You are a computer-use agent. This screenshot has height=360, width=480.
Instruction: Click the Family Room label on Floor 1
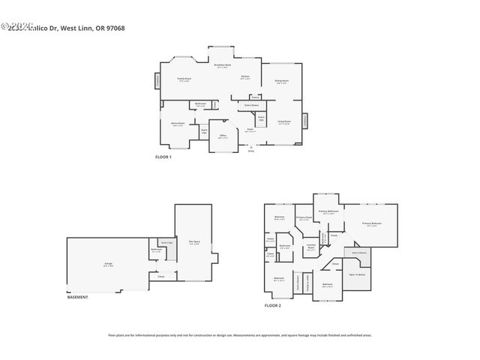(184, 79)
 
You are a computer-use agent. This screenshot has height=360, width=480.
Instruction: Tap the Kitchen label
(244, 77)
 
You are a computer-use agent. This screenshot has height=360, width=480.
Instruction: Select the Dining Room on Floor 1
(281, 82)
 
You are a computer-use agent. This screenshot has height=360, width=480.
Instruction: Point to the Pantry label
(255, 96)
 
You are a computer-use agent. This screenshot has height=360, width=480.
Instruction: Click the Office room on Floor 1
(223, 137)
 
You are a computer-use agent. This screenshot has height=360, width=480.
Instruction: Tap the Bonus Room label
(178, 124)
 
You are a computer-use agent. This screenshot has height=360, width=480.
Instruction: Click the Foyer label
(250, 130)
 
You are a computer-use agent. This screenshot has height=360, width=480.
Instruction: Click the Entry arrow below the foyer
(250, 149)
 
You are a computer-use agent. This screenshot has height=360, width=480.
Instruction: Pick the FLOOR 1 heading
(163, 157)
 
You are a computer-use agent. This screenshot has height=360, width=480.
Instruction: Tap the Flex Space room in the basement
(193, 241)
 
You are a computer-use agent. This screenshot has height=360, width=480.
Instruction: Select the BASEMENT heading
(77, 297)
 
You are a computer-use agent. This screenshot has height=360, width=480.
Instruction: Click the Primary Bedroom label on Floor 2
(372, 223)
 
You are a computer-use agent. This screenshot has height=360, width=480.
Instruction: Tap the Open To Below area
(357, 275)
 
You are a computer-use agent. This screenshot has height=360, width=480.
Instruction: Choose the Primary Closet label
(304, 218)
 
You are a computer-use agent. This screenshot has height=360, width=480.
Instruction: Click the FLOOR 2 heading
(272, 306)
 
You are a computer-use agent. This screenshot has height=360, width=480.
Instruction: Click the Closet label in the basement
(161, 276)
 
